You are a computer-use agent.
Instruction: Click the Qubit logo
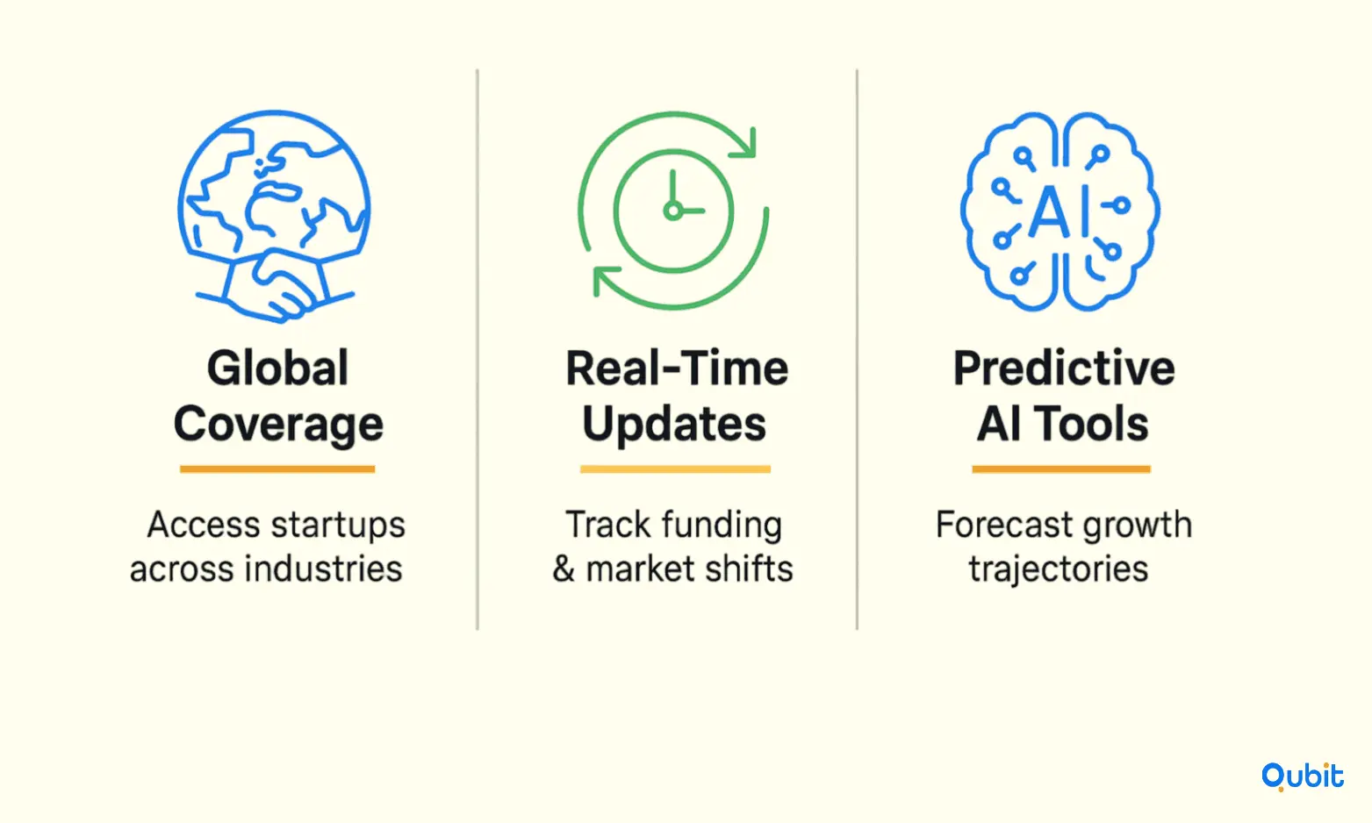tap(1302, 776)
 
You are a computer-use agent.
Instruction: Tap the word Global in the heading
tap(277, 368)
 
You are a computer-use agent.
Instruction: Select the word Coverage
tap(278, 425)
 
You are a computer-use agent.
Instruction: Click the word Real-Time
tap(677, 368)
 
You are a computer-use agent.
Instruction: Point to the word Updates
tap(674, 424)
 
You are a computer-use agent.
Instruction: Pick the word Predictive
tap(1064, 368)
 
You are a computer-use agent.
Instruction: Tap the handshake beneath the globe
tap(275, 286)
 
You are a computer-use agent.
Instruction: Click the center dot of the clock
tap(672, 211)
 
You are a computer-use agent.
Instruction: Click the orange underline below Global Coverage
tap(277, 469)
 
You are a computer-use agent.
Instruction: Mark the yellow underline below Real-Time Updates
tap(675, 469)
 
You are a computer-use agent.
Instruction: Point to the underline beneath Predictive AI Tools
tap(1061, 469)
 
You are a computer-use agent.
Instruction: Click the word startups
tap(337, 526)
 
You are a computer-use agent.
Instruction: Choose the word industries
tap(323, 569)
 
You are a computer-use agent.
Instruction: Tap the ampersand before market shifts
tap(564, 569)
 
